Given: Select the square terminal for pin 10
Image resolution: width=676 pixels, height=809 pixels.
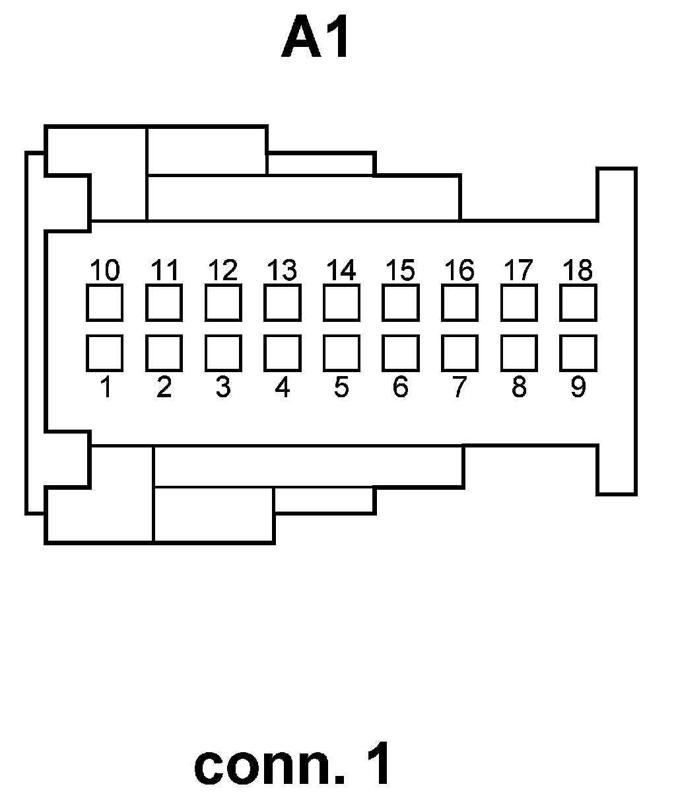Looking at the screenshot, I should click(104, 302).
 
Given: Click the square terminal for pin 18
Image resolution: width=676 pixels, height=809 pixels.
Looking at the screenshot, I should click(578, 302).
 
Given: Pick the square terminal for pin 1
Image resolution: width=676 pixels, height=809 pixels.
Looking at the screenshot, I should click(104, 353).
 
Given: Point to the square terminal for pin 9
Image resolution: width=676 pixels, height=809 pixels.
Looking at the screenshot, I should click(578, 353).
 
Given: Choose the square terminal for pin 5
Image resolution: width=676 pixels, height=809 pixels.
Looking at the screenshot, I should click(341, 353).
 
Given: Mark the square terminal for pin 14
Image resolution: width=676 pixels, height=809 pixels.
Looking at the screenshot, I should click(341, 302).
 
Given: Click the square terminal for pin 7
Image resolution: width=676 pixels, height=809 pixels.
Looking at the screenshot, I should click(459, 353).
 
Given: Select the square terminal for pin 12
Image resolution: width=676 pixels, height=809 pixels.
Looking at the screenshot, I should click(223, 302).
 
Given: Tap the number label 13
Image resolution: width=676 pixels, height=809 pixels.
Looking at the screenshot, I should click(282, 270).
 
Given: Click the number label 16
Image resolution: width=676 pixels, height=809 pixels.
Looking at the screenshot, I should click(459, 270).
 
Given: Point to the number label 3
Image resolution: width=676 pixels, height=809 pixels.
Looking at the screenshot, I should click(223, 387).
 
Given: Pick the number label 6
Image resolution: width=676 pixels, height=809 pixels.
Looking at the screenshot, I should click(400, 387).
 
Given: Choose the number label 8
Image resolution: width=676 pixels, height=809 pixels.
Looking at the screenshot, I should click(519, 387).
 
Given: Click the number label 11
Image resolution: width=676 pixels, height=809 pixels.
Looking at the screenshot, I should click(164, 270).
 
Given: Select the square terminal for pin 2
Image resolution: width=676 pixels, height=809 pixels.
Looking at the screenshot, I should click(164, 353).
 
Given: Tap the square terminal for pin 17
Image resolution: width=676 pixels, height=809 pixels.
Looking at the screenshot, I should click(519, 302).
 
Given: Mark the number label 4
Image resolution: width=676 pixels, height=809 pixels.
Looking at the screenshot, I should click(282, 387).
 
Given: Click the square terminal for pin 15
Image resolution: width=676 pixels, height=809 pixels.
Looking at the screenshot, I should click(400, 302).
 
